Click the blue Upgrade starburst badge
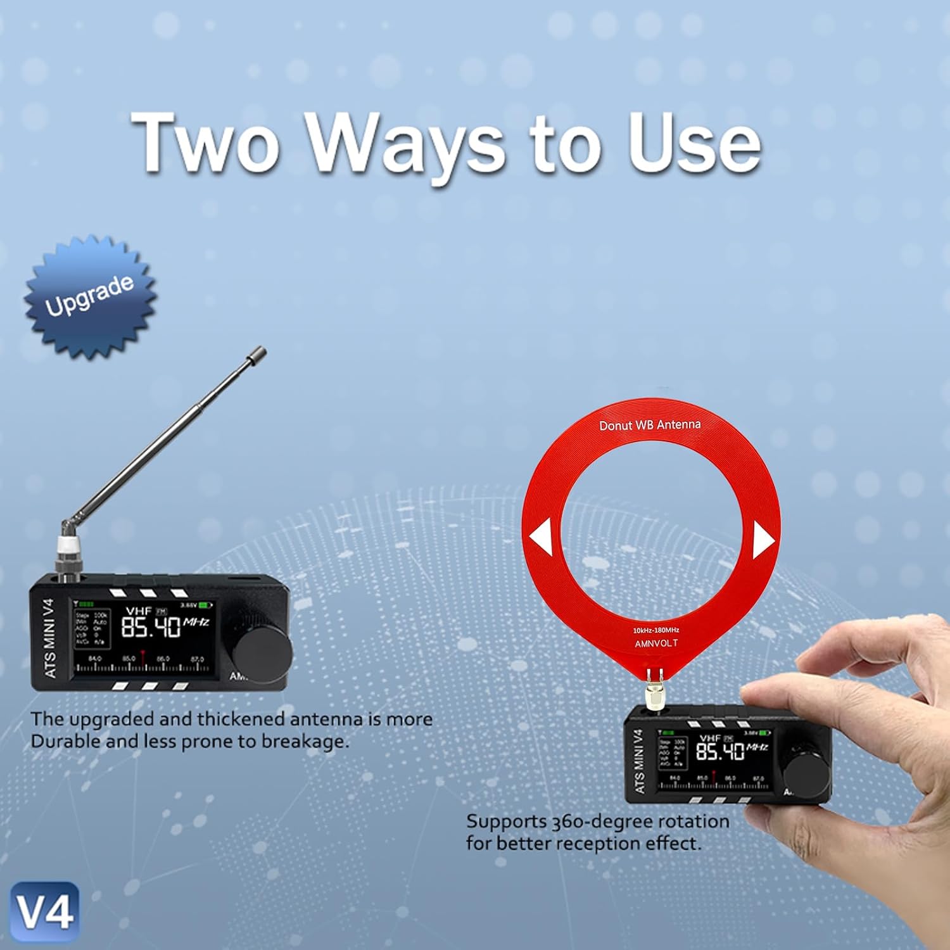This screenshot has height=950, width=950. [x=90, y=296]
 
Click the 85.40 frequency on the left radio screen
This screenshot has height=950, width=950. [x=151, y=628]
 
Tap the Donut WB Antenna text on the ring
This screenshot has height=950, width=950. [x=650, y=425]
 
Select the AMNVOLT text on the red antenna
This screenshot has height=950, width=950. [x=656, y=643]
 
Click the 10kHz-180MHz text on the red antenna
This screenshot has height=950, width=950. [x=656, y=630]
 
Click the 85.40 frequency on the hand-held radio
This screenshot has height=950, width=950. [x=719, y=752]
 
